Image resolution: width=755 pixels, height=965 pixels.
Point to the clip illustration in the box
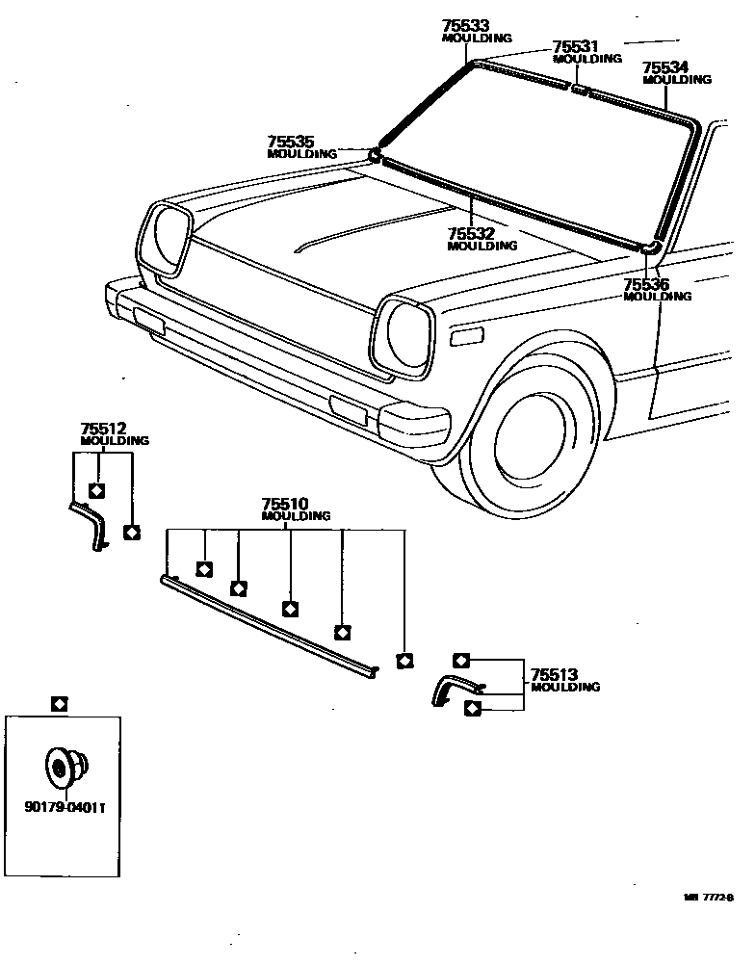(65, 767)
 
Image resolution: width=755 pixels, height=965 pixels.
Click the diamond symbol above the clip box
(59, 704)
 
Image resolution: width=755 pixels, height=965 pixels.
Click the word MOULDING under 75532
(482, 246)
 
